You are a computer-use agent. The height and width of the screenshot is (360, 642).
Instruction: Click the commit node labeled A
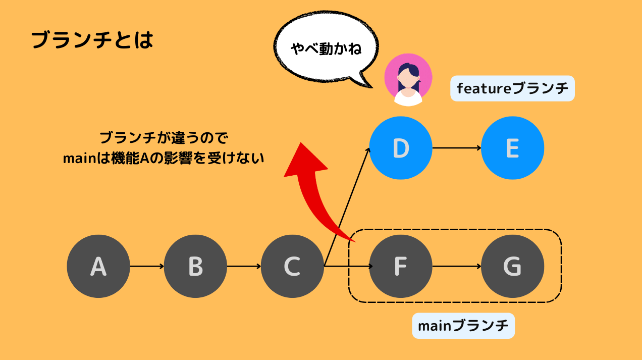click(98, 266)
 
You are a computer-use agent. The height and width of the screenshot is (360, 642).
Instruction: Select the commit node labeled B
click(195, 266)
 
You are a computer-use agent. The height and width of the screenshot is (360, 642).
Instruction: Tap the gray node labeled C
click(292, 266)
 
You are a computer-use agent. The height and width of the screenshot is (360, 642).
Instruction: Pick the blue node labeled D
click(401, 148)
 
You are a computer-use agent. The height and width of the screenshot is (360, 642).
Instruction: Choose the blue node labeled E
click(512, 148)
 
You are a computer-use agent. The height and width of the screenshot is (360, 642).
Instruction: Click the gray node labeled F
click(401, 266)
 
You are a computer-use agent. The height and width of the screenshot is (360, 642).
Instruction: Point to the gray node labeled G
click(512, 266)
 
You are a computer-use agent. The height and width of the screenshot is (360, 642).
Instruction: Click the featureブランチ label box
click(512, 88)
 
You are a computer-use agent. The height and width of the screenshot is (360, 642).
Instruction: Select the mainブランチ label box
click(463, 326)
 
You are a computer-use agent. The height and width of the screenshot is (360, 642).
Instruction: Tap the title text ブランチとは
click(92, 40)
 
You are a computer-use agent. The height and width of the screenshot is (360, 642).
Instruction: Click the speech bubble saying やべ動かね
click(326, 49)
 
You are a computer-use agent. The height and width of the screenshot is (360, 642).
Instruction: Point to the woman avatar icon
click(408, 80)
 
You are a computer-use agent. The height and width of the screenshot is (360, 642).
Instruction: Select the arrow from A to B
click(147, 266)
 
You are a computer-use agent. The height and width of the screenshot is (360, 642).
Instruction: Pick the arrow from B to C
click(244, 266)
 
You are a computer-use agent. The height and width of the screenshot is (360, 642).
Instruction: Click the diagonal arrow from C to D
click(347, 207)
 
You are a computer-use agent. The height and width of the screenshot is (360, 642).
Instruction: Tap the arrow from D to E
click(457, 148)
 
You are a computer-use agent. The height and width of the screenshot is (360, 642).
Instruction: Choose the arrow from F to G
click(457, 266)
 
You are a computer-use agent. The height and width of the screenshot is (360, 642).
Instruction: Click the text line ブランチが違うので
click(164, 138)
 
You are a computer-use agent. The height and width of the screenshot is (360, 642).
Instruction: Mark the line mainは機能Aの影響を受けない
click(164, 158)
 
